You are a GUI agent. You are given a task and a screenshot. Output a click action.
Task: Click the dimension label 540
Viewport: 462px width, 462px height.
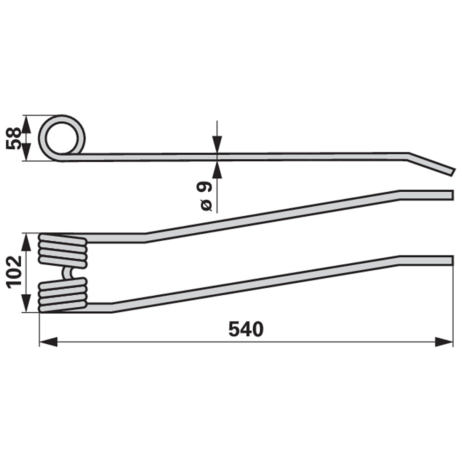point(246,329)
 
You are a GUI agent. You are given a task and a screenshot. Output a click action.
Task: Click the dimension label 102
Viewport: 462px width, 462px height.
point(14,272)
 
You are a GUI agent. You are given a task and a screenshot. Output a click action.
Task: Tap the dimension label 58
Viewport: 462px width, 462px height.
point(14,139)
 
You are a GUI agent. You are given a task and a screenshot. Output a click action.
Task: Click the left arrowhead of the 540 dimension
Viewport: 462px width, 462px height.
point(49,342)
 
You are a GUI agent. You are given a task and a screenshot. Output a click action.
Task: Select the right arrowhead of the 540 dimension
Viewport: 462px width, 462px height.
point(444,342)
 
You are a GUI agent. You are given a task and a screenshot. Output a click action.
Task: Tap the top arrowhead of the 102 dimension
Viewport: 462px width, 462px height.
point(26,243)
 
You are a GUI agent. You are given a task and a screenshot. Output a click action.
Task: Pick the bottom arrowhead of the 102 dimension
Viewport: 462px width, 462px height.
point(26,303)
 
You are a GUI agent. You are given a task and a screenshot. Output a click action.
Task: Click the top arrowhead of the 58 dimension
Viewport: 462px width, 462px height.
point(26,124)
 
